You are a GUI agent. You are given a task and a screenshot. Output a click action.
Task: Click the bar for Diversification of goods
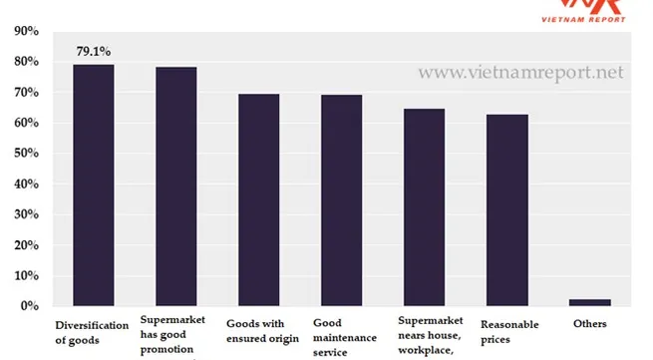click(94, 184)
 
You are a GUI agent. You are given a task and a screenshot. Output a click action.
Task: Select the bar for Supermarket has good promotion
click(176, 186)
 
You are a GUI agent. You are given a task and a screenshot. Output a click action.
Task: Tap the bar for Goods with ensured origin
click(258, 199)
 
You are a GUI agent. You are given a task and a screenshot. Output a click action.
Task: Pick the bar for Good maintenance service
click(341, 199)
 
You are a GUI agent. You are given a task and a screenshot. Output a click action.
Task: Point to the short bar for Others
click(590, 302)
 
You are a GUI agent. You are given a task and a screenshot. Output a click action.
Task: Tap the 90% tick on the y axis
click(26, 31)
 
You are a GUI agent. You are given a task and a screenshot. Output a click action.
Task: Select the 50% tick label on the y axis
click(26, 154)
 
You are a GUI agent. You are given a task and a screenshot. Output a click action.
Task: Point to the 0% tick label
click(29, 306)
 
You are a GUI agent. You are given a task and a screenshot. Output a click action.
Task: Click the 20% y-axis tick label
click(26, 245)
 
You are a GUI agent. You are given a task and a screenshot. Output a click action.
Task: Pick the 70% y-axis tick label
click(26, 93)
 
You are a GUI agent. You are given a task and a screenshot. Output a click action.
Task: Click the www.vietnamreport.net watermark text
click(520, 73)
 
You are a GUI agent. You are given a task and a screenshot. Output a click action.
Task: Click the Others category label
click(589, 323)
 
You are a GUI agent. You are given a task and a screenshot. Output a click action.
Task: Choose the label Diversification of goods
click(92, 331)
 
